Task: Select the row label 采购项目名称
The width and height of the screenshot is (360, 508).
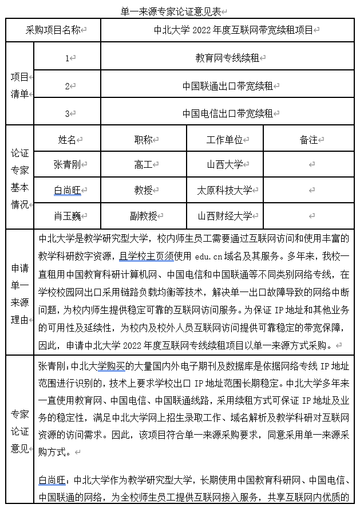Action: pos(54,30)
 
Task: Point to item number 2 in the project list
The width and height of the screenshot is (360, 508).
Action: pos(68,86)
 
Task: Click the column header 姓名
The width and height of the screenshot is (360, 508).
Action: pos(68,140)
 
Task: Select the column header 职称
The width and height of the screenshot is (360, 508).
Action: pos(143,140)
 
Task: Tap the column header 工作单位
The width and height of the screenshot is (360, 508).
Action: pos(224,140)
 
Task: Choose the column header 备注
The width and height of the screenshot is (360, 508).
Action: pos(308,140)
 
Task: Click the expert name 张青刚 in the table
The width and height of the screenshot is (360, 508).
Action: pos(68,164)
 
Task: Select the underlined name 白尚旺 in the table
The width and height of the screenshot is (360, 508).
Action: pos(68,190)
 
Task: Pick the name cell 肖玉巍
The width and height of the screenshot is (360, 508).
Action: pos(68,216)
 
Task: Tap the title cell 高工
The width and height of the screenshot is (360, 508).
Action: pos(143,164)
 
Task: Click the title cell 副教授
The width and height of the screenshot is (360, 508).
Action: pos(143,216)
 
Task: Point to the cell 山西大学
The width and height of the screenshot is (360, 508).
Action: pos(224,164)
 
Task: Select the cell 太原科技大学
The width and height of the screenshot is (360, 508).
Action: pos(224,190)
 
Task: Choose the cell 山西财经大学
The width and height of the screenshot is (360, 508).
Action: pos(224,216)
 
